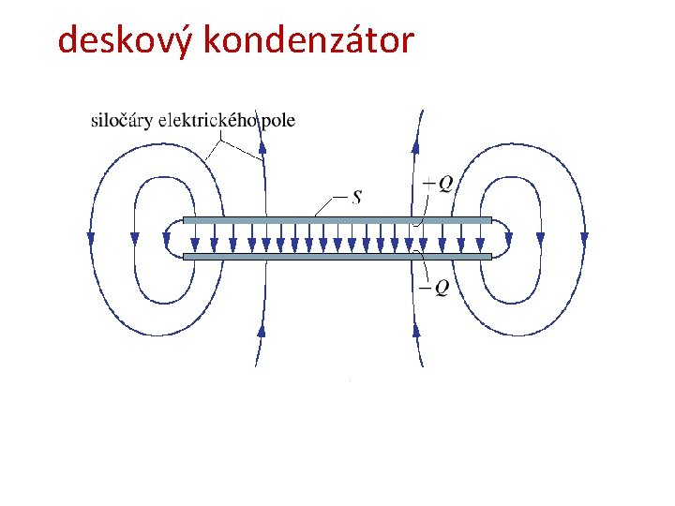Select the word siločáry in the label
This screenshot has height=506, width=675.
click(x=122, y=121)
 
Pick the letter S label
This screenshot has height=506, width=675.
click(x=357, y=197)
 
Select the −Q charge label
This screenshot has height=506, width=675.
click(x=434, y=287)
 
